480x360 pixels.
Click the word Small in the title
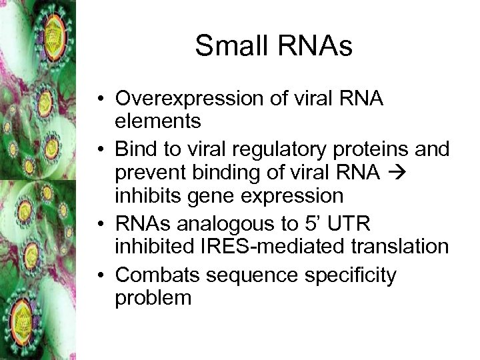pyautogui.click(x=229, y=47)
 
